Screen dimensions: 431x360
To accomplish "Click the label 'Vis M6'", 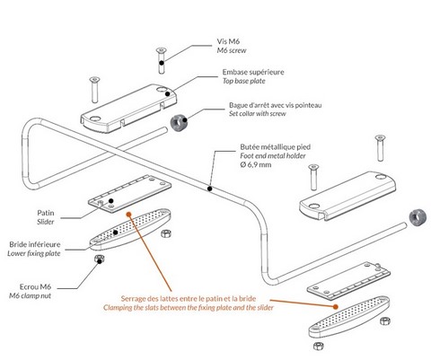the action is tap(228, 41).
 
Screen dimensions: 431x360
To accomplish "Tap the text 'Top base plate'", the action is tap(243, 81).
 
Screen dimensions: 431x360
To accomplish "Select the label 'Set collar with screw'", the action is tap(258, 114).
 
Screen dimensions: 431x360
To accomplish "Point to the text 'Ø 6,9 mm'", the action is tap(256, 164).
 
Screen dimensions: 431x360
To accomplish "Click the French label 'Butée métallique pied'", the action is tap(275, 147).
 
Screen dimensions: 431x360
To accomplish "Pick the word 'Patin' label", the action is tap(46, 213).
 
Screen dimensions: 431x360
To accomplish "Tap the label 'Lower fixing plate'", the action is tap(34, 253).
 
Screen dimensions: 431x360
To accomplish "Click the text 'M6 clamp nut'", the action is tap(30, 296).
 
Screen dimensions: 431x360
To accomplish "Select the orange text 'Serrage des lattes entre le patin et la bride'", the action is tap(189, 298).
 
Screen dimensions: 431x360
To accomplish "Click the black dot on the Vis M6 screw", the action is tap(162, 63).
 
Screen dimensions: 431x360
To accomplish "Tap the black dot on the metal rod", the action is tap(210, 189).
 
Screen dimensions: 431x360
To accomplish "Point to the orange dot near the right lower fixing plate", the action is tap(336, 307).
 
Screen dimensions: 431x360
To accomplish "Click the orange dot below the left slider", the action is tap(128, 214).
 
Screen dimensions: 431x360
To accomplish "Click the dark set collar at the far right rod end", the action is tap(418, 217).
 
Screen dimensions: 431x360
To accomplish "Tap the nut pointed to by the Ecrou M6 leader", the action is tap(100, 259).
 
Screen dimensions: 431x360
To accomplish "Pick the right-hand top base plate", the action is tap(347, 196).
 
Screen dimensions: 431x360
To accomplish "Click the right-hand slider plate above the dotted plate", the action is tap(348, 281).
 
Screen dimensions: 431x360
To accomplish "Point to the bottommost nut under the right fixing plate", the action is tap(318, 346).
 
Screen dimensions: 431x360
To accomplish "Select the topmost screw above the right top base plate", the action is tap(380, 148).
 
